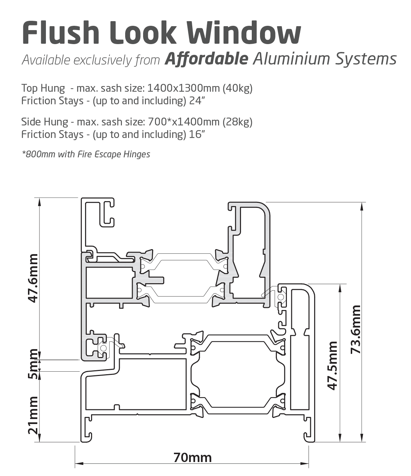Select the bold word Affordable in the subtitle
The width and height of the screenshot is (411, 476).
[206, 59]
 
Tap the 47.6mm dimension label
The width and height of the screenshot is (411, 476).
[33, 278]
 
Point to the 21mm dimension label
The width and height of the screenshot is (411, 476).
[33, 415]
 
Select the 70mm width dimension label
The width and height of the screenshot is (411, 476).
[193, 458]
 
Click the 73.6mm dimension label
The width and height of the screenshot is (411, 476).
[356, 329]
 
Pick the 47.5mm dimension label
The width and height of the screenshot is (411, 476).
[332, 365]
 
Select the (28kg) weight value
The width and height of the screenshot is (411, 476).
[237, 122]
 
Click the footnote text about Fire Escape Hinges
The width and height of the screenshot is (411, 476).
[86, 154]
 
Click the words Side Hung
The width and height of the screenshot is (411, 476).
[44, 122]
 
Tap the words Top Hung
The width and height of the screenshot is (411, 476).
[43, 88]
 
